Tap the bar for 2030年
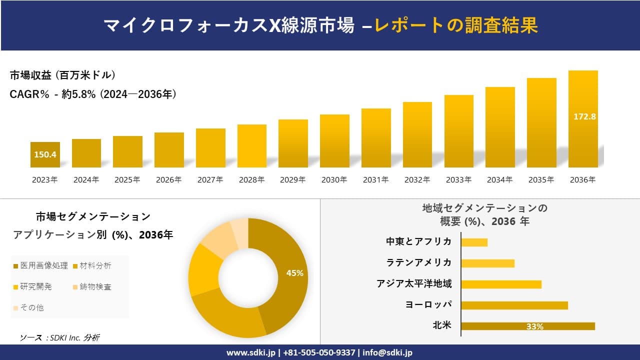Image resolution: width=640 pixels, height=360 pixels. click(x=334, y=141)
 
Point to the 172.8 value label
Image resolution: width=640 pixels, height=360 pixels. click(x=584, y=116)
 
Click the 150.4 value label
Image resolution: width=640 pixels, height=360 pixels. click(x=45, y=154)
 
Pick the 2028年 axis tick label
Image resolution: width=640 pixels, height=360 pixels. click(x=251, y=180)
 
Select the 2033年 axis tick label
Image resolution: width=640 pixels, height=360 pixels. click(x=458, y=180)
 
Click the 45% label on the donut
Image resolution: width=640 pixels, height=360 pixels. click(x=294, y=273)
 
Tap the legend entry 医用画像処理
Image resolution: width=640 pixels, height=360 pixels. click(x=40, y=265)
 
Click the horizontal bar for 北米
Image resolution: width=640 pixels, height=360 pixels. click(x=528, y=326)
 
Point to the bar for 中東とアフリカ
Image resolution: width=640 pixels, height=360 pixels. click(x=474, y=242)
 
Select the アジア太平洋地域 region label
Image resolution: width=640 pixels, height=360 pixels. click(x=414, y=284)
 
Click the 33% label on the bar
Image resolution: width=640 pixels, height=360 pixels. click(x=534, y=326)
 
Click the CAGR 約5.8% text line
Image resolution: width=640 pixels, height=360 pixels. click(x=93, y=94)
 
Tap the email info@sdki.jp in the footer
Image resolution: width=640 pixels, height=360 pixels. click(x=387, y=352)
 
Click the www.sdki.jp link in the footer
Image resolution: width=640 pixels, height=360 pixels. click(x=250, y=352)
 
